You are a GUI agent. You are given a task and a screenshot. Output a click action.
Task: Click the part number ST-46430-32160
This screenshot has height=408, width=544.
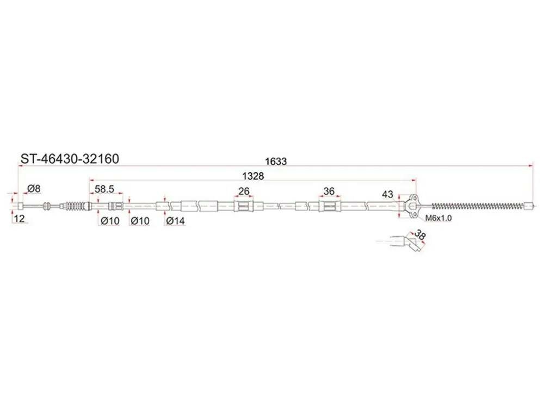click(x=70, y=158)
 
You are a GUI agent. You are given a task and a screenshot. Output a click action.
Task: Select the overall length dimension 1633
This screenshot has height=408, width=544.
click(x=276, y=162)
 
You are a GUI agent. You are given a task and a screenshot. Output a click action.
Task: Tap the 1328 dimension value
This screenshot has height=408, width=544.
click(x=253, y=176)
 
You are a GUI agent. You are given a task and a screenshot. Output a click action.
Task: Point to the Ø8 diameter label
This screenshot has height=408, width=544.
click(x=34, y=189)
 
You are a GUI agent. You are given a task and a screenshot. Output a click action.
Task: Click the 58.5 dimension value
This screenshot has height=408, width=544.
click(x=104, y=189)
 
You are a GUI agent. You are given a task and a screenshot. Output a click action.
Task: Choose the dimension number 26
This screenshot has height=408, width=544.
click(x=244, y=191)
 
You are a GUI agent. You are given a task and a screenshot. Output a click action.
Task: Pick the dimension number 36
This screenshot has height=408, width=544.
click(x=329, y=191)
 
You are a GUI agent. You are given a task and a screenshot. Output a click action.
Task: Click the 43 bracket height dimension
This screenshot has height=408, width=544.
click(x=387, y=194)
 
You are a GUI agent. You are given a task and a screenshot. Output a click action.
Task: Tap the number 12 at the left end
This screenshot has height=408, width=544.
click(x=19, y=219)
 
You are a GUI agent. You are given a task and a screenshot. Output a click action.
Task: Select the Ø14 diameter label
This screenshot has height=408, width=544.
click(x=175, y=221)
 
